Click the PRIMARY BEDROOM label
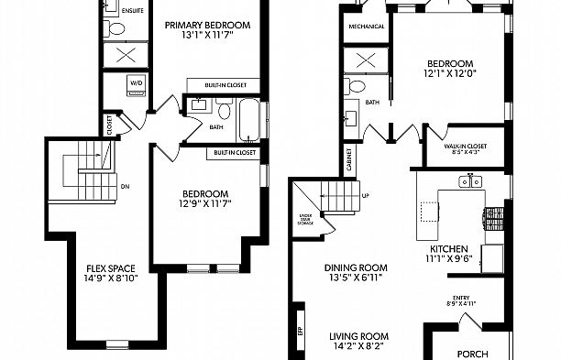(209, 25)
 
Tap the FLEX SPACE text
(110, 268)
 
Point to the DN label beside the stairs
(126, 186)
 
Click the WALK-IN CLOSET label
(465, 147)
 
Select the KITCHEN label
(449, 248)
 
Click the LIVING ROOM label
(359, 336)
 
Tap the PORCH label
(473, 352)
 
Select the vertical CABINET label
(349, 159)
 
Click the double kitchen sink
(470, 182)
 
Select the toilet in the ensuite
(116, 28)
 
